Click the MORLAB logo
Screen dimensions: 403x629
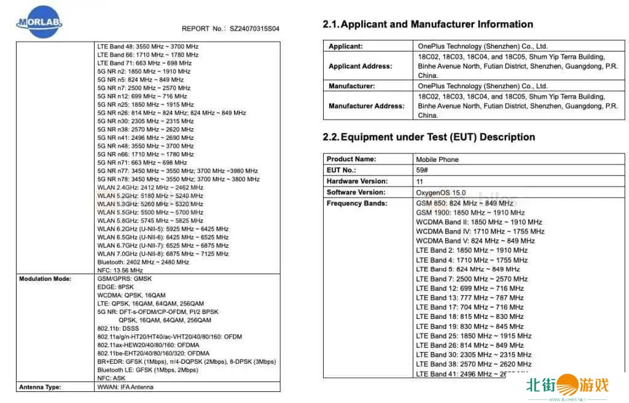(39, 24)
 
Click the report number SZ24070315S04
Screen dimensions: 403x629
(254, 29)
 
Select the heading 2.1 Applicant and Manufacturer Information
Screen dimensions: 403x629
(428, 25)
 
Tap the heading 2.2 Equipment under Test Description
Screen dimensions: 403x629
(429, 137)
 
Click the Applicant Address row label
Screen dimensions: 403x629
(360, 66)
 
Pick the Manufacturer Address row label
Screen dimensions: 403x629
(366, 106)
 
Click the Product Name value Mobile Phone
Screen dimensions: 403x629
(437, 159)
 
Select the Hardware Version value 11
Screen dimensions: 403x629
(420, 182)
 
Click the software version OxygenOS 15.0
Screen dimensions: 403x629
(440, 193)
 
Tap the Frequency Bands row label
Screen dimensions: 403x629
(356, 203)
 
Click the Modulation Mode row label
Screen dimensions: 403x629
(45, 278)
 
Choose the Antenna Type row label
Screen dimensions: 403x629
(40, 387)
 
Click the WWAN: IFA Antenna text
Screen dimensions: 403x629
(125, 387)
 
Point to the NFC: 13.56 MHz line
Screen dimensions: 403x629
(120, 270)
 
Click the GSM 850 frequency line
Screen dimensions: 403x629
(464, 203)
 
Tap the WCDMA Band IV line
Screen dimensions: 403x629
(480, 231)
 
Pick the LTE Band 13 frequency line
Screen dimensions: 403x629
(470, 297)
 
